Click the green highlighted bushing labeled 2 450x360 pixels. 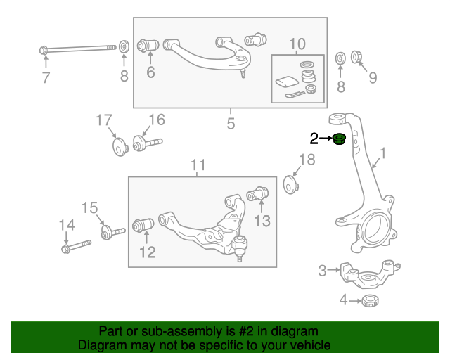[x=339, y=139]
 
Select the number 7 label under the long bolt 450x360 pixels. [x=46, y=78]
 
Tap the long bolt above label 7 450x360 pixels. [x=77, y=49]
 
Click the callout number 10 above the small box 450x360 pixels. [x=297, y=44]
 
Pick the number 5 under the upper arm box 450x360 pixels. [x=231, y=124]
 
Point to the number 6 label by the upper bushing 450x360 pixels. [x=150, y=72]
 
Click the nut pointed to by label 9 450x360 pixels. [x=356, y=57]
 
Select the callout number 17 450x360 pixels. [x=104, y=120]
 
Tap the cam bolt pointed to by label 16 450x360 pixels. [x=146, y=144]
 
